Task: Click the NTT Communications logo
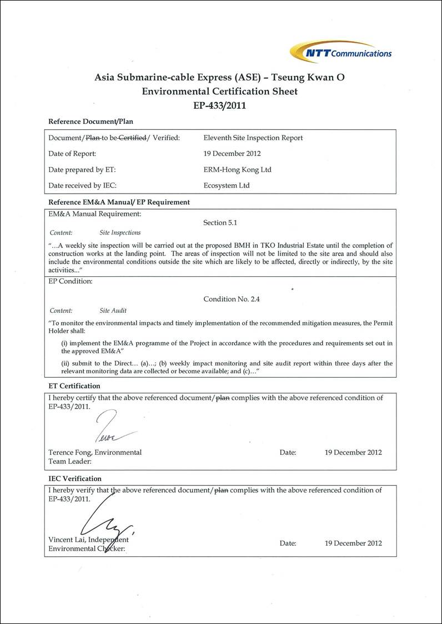point(341,52)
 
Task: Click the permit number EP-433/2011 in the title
point(219,105)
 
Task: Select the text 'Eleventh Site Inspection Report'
point(253,138)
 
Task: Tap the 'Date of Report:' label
point(72,154)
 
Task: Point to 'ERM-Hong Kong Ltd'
point(238,170)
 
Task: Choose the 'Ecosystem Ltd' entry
point(227,185)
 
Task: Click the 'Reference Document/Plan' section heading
point(91,121)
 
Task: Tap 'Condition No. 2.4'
point(232,299)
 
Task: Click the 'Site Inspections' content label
point(120,233)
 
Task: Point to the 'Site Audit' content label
point(113,311)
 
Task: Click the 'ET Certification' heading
point(74,385)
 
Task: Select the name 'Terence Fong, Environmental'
point(95,452)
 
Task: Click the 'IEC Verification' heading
point(75,478)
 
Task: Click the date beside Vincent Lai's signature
point(353,543)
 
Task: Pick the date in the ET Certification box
point(353,452)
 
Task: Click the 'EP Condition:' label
point(71,281)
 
